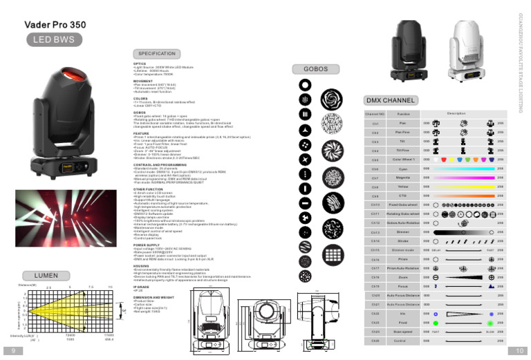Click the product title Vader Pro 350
click(x=55, y=25)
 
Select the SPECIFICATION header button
click(x=156, y=54)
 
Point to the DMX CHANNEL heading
click(x=391, y=100)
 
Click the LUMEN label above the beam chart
click(x=46, y=275)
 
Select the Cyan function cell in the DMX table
click(x=404, y=169)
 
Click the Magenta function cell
click(x=404, y=178)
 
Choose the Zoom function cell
click(x=404, y=277)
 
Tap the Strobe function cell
click(x=404, y=240)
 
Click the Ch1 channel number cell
click(x=375, y=123)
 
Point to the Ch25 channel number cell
click(x=375, y=341)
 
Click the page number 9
click(x=12, y=351)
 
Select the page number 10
click(x=520, y=351)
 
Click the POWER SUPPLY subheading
click(x=147, y=245)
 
